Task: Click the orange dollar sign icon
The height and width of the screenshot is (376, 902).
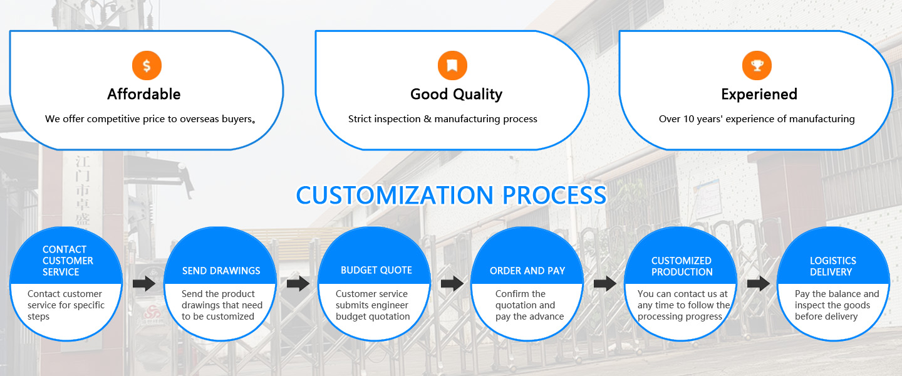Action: point(147,65)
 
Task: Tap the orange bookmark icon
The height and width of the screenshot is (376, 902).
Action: point(452,65)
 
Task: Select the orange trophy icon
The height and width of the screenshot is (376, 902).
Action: point(757,65)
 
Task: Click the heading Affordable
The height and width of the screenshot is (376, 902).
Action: point(144,94)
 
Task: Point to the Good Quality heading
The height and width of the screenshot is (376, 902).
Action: point(456,95)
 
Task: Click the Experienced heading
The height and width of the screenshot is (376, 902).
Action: point(759,95)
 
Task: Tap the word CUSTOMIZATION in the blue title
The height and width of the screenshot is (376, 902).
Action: point(395,195)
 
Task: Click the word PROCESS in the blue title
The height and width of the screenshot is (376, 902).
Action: point(554,195)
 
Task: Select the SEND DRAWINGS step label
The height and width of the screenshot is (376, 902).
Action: point(221,271)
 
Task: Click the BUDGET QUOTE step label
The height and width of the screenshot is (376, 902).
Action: point(376,270)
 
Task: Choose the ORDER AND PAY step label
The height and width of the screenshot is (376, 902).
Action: point(527,271)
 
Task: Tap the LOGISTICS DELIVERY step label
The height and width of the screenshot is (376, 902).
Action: point(832,266)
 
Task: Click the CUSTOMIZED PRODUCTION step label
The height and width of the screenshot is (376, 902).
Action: point(682,266)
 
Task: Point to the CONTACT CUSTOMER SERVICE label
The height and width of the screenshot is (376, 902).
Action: point(68,261)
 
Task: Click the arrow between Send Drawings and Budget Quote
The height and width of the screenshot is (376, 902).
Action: point(298,284)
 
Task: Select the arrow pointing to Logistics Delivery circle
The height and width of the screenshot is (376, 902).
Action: point(758,284)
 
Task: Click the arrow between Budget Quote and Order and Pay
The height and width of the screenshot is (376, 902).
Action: point(452,284)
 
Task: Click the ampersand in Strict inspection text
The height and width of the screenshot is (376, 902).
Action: point(427,119)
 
